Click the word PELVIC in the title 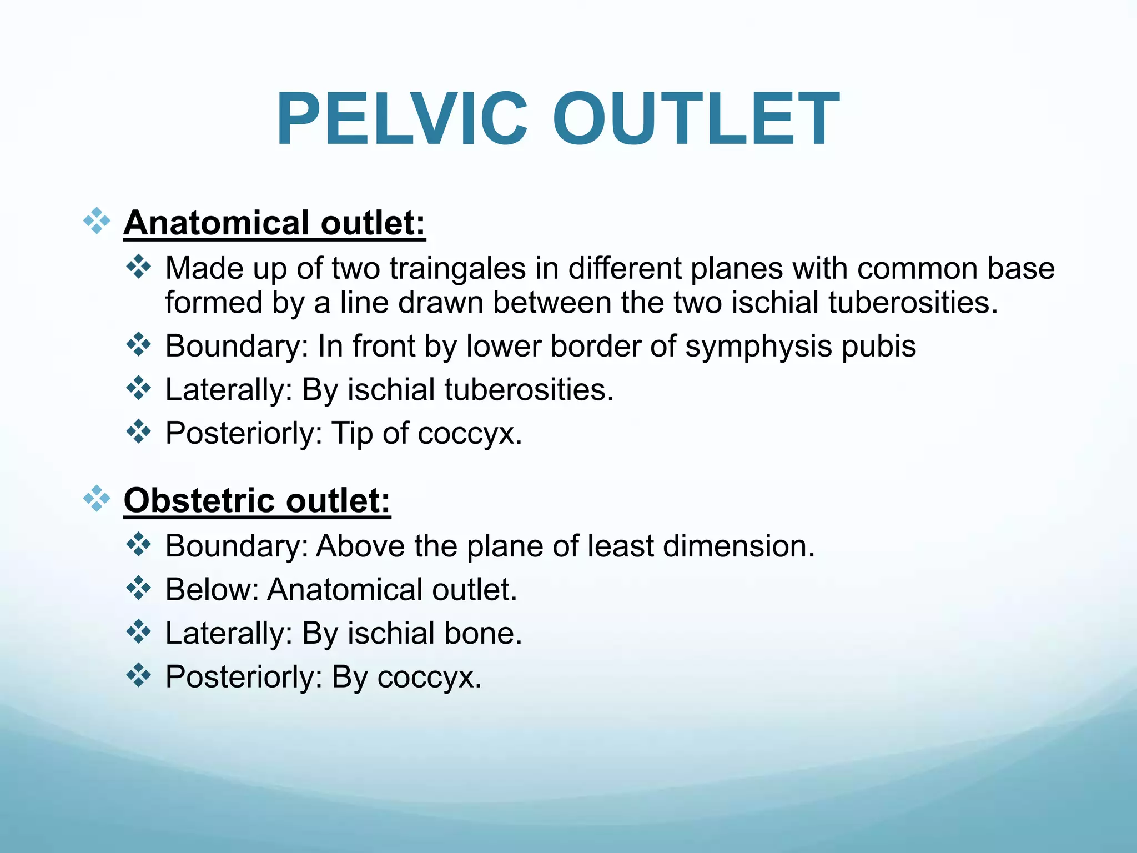[401, 119]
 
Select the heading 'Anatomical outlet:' [274, 223]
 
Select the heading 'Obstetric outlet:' [257, 501]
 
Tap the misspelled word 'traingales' [457, 269]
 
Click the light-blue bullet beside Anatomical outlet [97, 221]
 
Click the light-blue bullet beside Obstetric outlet [97, 499]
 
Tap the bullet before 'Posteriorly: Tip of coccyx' [139, 431]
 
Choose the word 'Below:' [212, 590]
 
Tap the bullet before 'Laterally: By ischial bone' [139, 631]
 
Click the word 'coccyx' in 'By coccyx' [429, 678]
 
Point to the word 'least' [621, 546]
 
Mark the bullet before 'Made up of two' [139, 267]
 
